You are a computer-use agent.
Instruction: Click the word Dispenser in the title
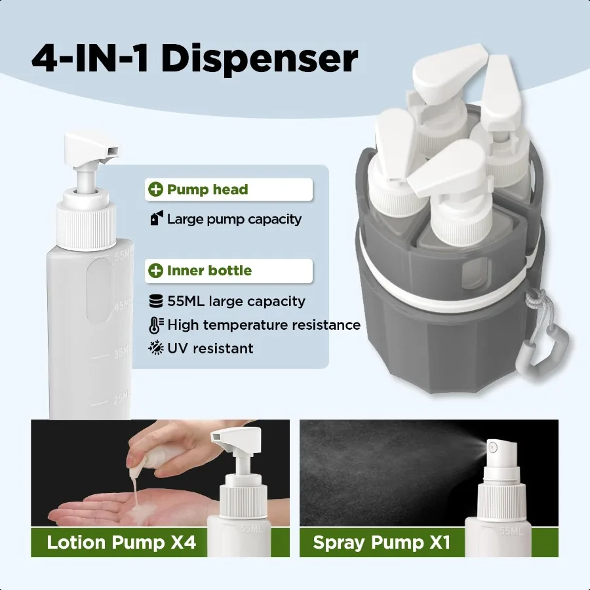coord(260,59)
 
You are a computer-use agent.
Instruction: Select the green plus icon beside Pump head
coord(155,190)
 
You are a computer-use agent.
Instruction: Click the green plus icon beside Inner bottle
coord(155,271)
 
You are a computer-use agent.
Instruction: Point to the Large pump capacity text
coord(234,219)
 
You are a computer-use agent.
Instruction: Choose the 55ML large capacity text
coord(236,302)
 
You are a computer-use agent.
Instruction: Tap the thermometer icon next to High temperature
coord(156,324)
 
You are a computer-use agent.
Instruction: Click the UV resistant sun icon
coord(156,348)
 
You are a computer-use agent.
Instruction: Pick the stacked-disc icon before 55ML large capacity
coord(156,302)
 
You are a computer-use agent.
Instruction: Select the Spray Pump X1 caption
coord(381,542)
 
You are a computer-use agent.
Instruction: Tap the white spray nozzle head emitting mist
coord(496,448)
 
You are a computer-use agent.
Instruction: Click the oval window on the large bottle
coord(100,288)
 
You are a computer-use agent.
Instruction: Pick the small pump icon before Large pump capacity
coord(155,219)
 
